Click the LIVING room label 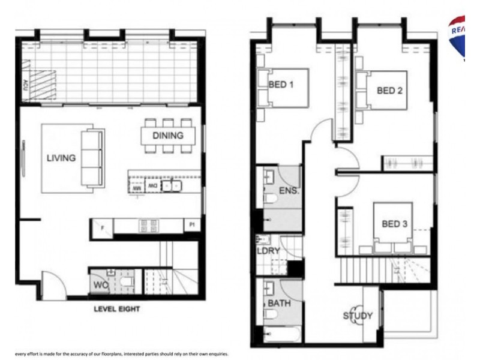point(61,158)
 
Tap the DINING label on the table point(167,136)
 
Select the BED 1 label point(281,85)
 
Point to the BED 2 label point(389,91)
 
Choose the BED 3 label point(395,224)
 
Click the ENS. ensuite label point(289,192)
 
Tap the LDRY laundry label point(269,251)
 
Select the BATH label point(279,304)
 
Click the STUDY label point(358,316)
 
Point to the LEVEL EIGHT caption point(116,310)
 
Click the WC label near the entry point(100,285)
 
